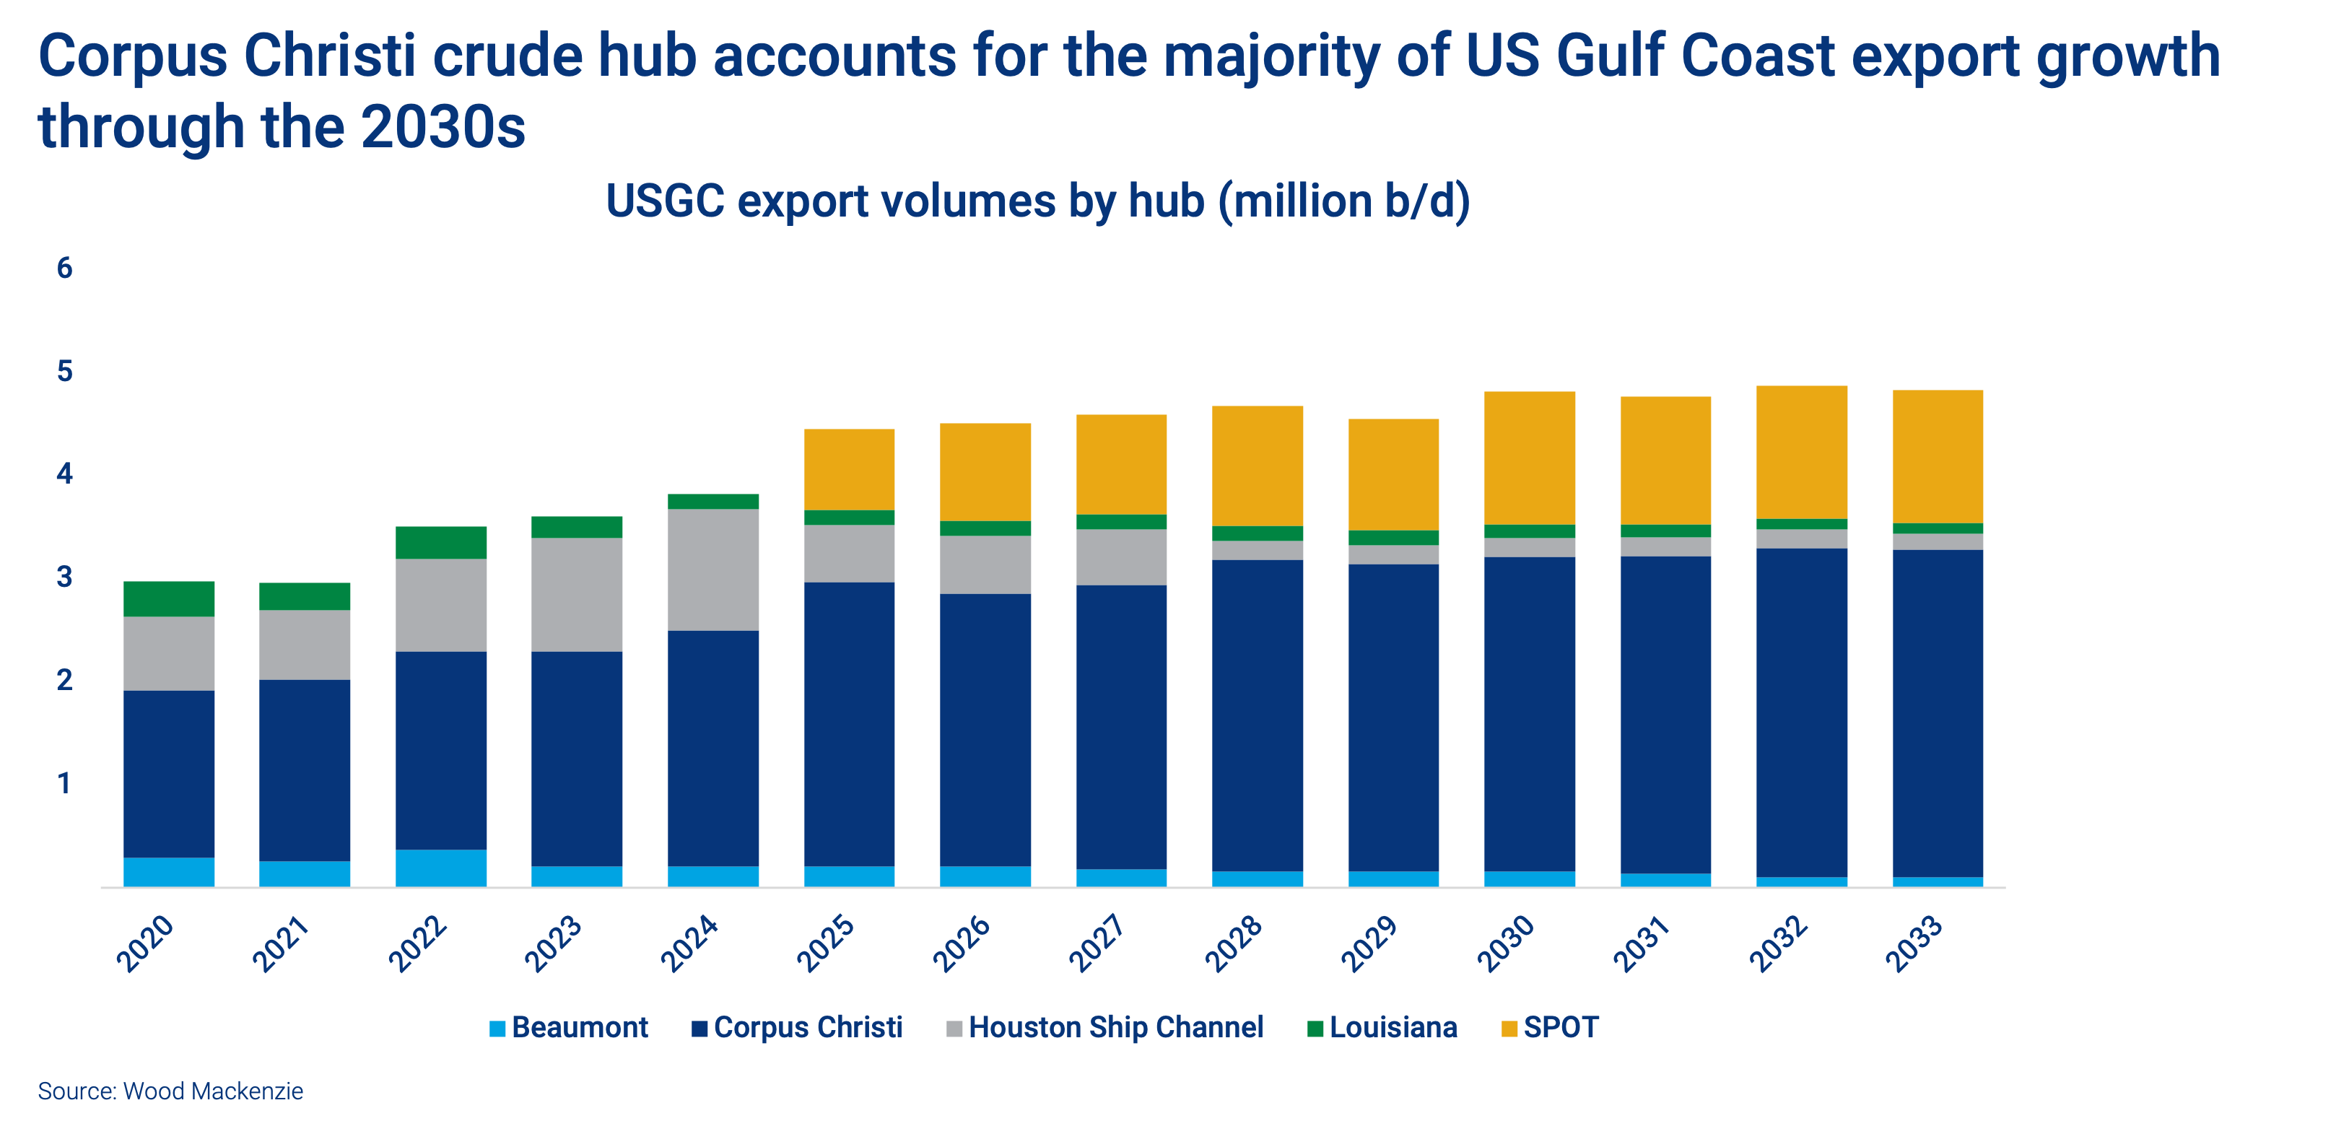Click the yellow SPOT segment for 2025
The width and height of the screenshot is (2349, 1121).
[x=849, y=469]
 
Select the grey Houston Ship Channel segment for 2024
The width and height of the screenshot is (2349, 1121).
[x=713, y=570]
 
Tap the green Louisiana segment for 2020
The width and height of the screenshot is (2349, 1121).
[x=169, y=598]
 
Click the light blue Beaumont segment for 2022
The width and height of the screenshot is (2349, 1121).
[x=441, y=868]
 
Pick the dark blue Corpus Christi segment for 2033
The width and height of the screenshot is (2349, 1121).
[x=1938, y=712]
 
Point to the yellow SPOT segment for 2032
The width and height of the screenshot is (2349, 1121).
[x=1802, y=451]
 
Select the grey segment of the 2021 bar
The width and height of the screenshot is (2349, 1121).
[x=305, y=644]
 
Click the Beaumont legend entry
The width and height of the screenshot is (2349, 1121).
[x=569, y=1027]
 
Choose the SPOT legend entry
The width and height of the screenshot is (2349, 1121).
[x=1550, y=1027]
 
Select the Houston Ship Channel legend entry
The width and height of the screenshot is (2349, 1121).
[x=1105, y=1027]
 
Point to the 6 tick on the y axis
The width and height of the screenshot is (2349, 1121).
[x=64, y=269]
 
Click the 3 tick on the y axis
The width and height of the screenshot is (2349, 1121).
[x=64, y=577]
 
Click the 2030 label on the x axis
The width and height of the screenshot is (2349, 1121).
[x=1506, y=944]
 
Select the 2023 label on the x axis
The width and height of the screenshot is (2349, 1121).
[x=552, y=944]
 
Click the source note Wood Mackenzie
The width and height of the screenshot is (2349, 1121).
[x=170, y=1091]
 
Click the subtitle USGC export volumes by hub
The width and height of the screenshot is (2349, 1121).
[x=1038, y=201]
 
